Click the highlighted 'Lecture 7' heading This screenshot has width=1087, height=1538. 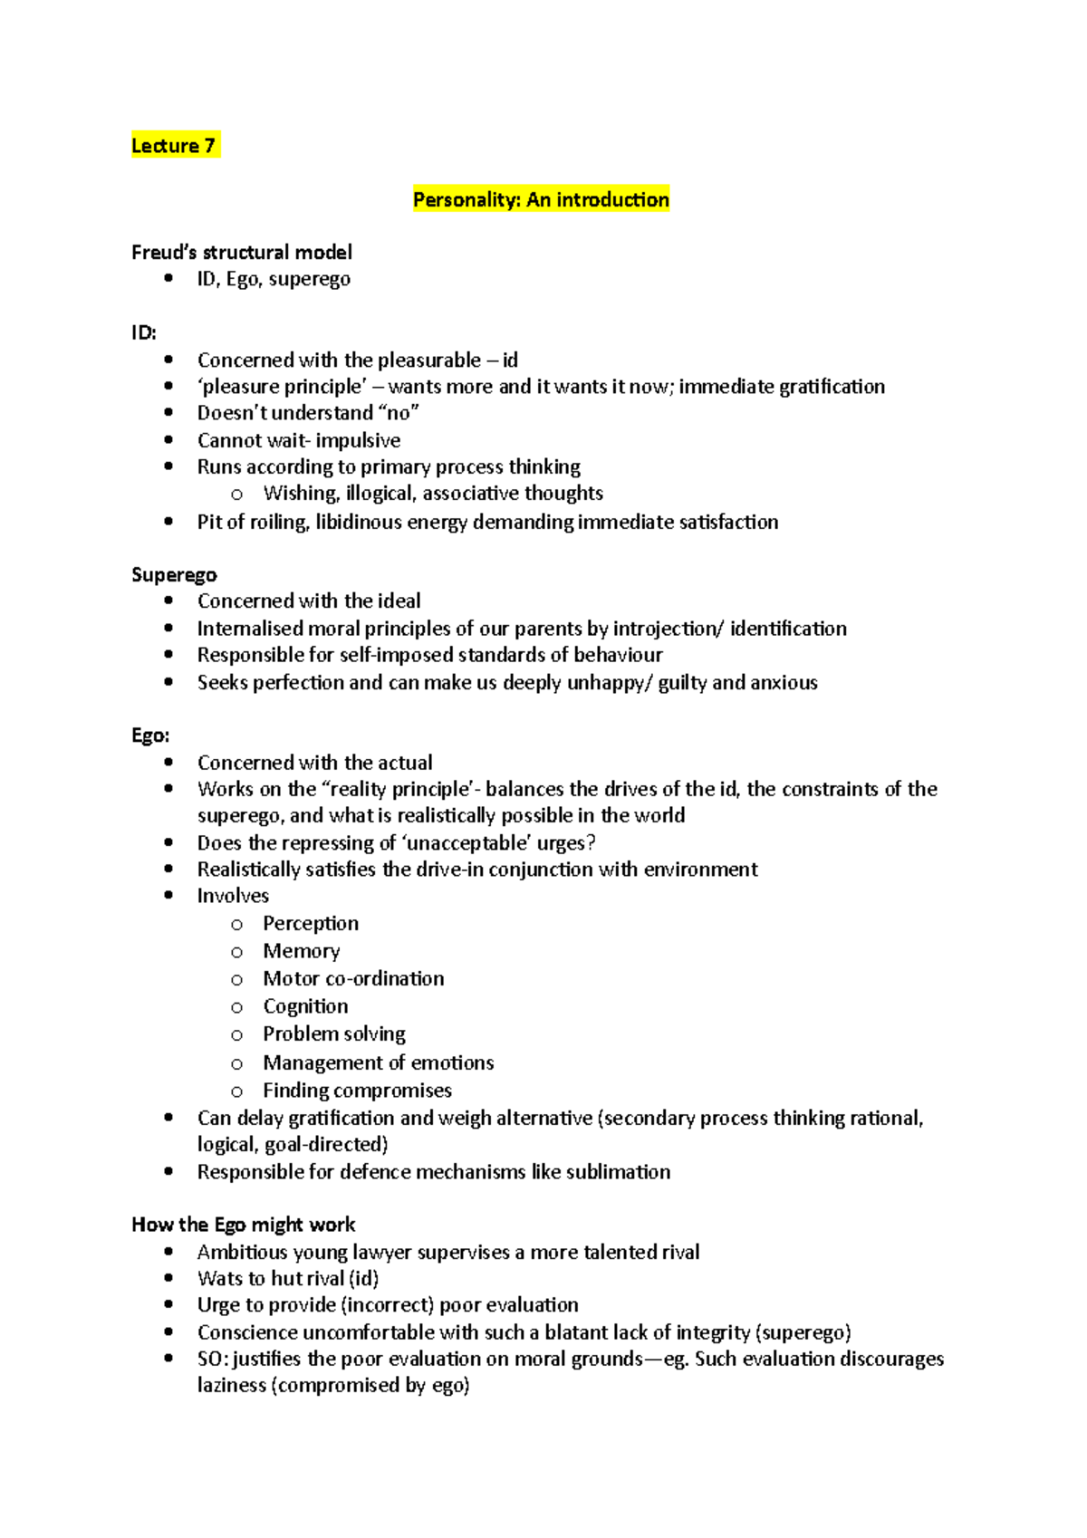pos(174,146)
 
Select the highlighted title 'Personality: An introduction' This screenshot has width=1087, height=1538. pos(541,199)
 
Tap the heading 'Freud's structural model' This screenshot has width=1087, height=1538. pos(242,252)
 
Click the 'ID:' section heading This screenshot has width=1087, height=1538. pos(144,332)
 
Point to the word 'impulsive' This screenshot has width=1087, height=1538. pos(358,440)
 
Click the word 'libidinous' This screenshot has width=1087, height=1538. pos(359,522)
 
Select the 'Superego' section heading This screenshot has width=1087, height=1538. pos(174,574)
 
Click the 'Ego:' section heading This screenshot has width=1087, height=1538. pos(150,735)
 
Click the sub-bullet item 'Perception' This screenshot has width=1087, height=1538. pos(311,923)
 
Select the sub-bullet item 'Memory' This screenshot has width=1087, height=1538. pos(302,950)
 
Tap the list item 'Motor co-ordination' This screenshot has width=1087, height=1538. pos(353,978)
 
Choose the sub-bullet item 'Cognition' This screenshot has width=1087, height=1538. pos(305,1006)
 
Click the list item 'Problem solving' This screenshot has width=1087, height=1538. pos(334,1033)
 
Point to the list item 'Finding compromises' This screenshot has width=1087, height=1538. pos(357,1090)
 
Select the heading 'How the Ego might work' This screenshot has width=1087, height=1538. pos(244,1225)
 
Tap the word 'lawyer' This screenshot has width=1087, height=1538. pos(381,1252)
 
